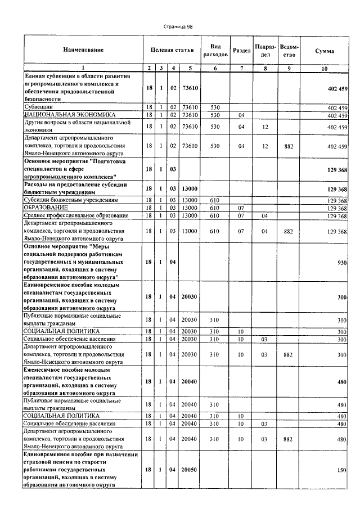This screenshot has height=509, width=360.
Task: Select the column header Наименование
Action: [x=83, y=51]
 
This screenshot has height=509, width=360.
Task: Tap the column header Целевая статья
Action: [x=172, y=51]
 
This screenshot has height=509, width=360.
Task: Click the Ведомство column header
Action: [x=289, y=51]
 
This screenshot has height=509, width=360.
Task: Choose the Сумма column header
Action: [x=325, y=51]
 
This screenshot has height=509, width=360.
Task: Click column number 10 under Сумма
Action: [x=325, y=68]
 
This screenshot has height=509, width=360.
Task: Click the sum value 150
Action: [x=341, y=469]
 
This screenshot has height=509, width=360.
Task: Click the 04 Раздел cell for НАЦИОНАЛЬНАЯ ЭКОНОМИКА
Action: [x=241, y=115]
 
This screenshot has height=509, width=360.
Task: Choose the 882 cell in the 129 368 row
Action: [x=289, y=231]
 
